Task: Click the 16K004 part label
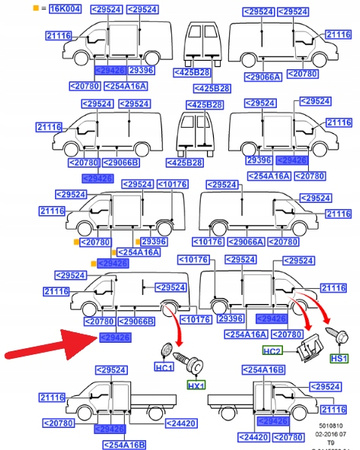pyautogui.click(x=31, y=8)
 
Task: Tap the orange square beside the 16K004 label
pyautogui.click(x=8, y=8)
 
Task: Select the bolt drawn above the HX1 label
pyautogui.click(x=190, y=358)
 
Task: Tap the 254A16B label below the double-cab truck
pyautogui.click(x=126, y=444)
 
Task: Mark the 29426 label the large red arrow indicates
pyautogui.click(x=112, y=339)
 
